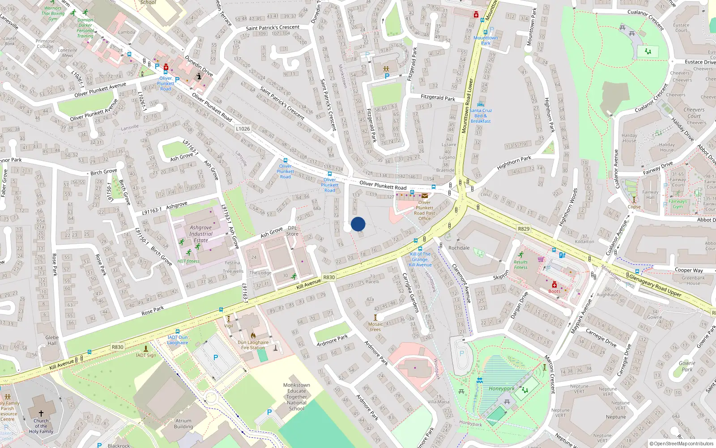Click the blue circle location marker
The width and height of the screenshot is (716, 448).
click(x=358, y=224)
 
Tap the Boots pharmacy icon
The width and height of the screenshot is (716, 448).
click(x=554, y=285)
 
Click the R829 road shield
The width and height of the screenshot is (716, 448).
click(x=524, y=229)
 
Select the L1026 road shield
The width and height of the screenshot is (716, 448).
click(x=243, y=129)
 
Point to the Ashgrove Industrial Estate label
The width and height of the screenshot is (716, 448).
click(x=201, y=234)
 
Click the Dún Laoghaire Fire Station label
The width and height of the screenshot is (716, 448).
click(x=253, y=345)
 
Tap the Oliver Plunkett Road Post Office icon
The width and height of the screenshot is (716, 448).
click(x=425, y=196)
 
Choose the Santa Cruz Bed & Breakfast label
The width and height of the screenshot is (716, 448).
click(x=481, y=116)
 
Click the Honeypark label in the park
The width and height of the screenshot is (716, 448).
click(x=501, y=388)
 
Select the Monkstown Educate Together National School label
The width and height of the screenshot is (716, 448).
click(x=296, y=396)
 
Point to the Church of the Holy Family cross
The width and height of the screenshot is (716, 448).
click(x=41, y=413)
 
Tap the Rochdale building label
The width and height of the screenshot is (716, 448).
click(x=459, y=248)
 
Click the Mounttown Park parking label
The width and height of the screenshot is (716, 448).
click(x=486, y=40)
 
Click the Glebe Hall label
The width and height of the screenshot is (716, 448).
click(x=52, y=340)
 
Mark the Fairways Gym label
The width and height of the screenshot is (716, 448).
click(x=678, y=204)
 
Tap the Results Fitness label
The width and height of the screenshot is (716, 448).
click(x=520, y=265)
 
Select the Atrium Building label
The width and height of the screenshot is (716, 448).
click(x=183, y=424)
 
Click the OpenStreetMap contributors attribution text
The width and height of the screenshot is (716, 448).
click(x=681, y=444)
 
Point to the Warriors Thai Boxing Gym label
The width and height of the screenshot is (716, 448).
click(x=53, y=13)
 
